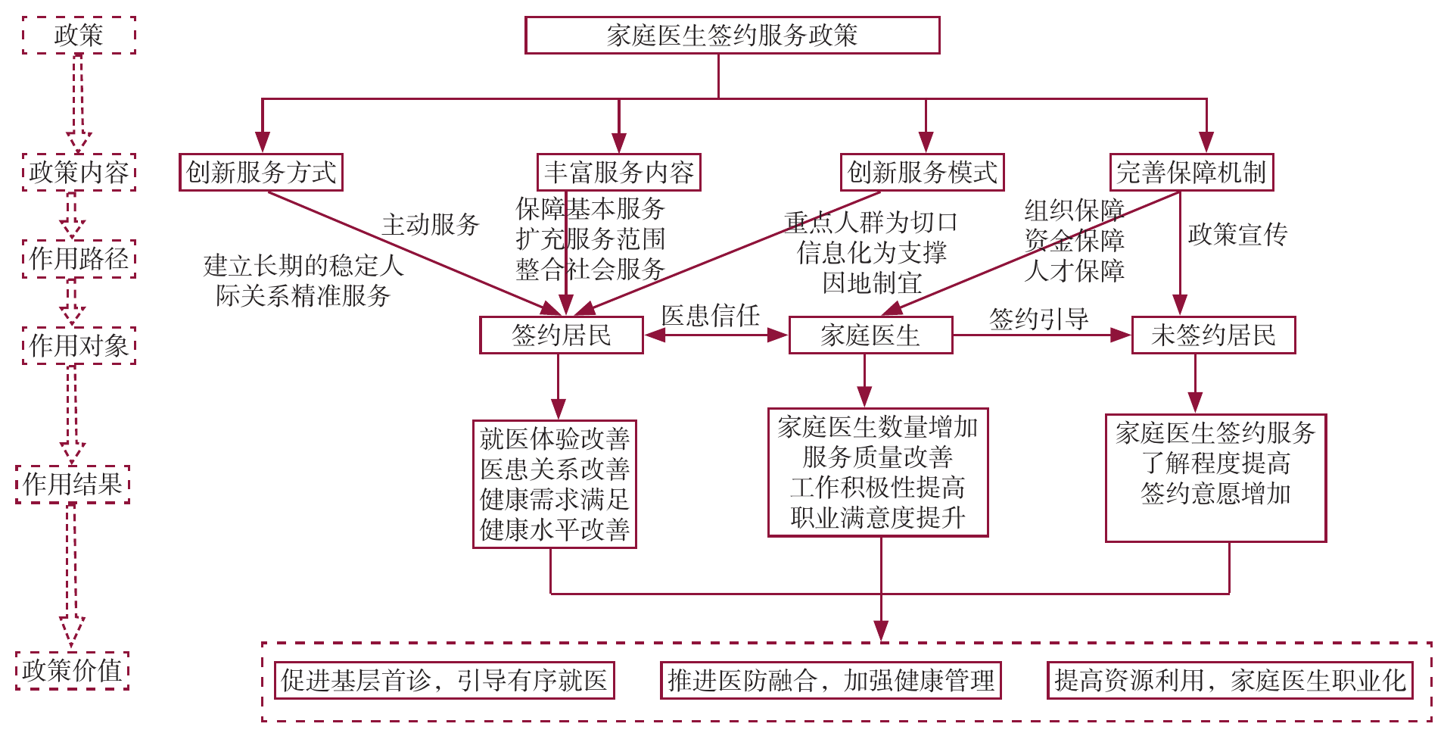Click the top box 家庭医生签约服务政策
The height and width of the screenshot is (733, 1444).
tap(732, 36)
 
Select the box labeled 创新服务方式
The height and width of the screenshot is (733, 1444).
tap(261, 173)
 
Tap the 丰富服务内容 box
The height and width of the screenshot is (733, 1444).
tap(618, 173)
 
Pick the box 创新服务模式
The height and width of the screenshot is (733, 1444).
tap(923, 173)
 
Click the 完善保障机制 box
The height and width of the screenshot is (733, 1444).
tap(1191, 173)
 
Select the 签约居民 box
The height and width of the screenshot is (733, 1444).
tap(562, 335)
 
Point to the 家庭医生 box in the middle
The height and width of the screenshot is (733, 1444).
tap(870, 335)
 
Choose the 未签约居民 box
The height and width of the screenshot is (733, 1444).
tap(1213, 335)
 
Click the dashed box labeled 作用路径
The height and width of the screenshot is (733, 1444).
tap(79, 259)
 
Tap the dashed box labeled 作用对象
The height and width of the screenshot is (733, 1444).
tap(79, 346)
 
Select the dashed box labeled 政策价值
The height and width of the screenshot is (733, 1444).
tap(72, 671)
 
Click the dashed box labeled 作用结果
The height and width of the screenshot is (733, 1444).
tap(73, 485)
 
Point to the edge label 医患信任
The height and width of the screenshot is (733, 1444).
tap(710, 316)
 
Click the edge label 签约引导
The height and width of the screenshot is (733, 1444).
tap(1038, 319)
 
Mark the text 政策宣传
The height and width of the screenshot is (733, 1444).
tap(1237, 235)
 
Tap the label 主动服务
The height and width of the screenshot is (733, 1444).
tap(431, 225)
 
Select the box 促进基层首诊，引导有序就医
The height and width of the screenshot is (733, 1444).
tap(444, 681)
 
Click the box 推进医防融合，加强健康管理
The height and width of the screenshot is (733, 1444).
tap(831, 681)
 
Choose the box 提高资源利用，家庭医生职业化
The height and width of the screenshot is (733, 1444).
tap(1230, 681)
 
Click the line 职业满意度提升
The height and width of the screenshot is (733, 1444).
tap(878, 518)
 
